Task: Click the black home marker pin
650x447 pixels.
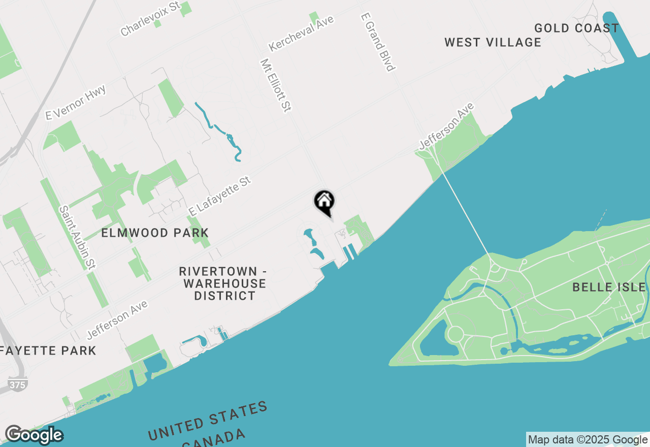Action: tap(324, 201)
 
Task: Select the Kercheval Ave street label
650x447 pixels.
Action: tap(302, 33)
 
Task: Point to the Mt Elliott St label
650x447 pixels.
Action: tap(276, 85)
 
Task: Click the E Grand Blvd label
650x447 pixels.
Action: tap(377, 42)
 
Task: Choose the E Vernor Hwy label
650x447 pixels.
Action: tap(76, 103)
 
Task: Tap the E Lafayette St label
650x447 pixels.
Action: tap(220, 196)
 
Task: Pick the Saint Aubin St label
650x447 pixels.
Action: tap(77, 237)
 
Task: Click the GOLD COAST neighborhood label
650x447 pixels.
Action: tap(576, 28)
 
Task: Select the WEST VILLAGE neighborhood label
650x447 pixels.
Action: tap(493, 43)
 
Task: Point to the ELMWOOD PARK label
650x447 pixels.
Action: tap(155, 233)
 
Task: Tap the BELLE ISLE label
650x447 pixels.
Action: tap(609, 287)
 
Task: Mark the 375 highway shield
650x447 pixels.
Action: tap(17, 385)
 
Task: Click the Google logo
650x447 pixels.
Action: tap(34, 435)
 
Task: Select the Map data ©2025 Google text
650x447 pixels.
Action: tap(588, 440)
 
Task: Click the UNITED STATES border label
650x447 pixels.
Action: tap(208, 421)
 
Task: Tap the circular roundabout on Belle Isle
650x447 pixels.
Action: tap(455, 334)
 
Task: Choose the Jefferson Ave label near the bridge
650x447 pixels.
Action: tap(446, 126)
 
